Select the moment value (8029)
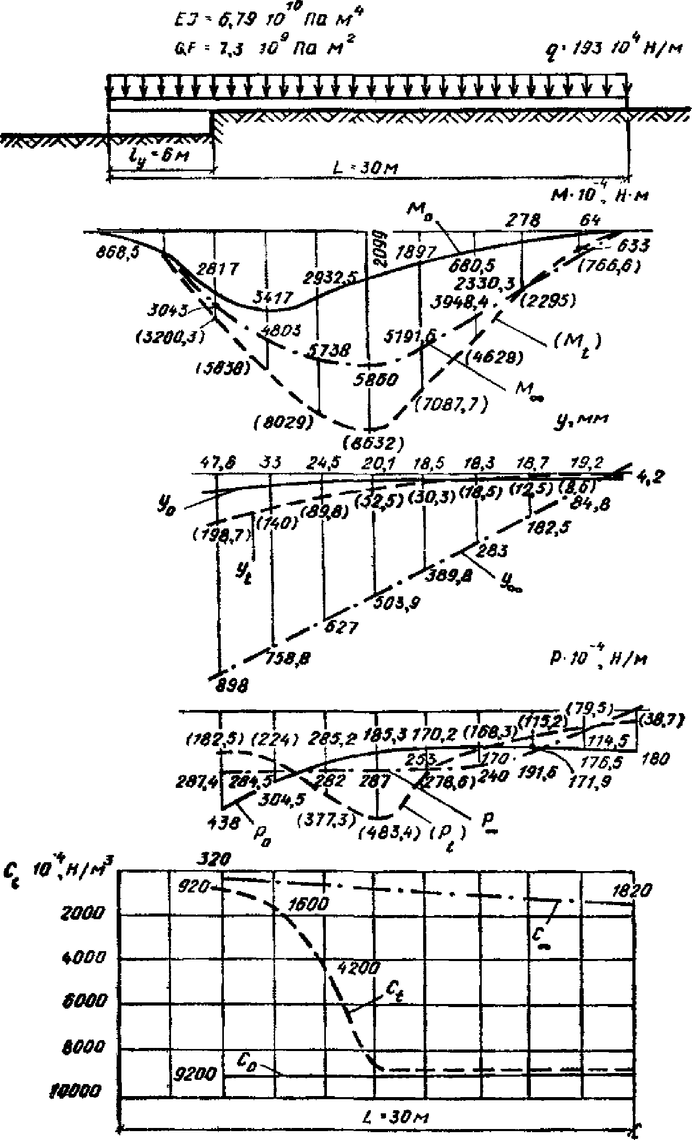tap(282, 422)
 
